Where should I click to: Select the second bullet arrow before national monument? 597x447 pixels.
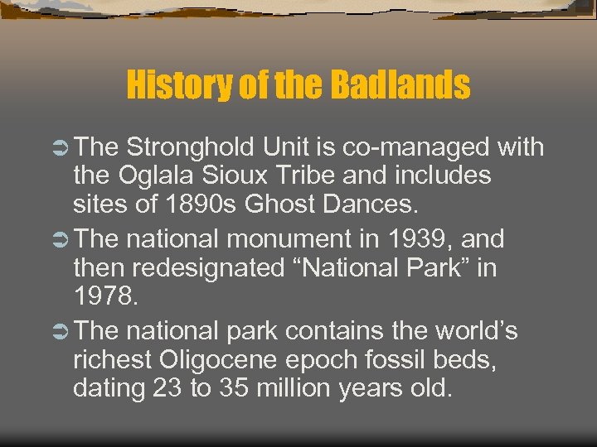[x=61, y=240]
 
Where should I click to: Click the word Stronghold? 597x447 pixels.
[x=191, y=148]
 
